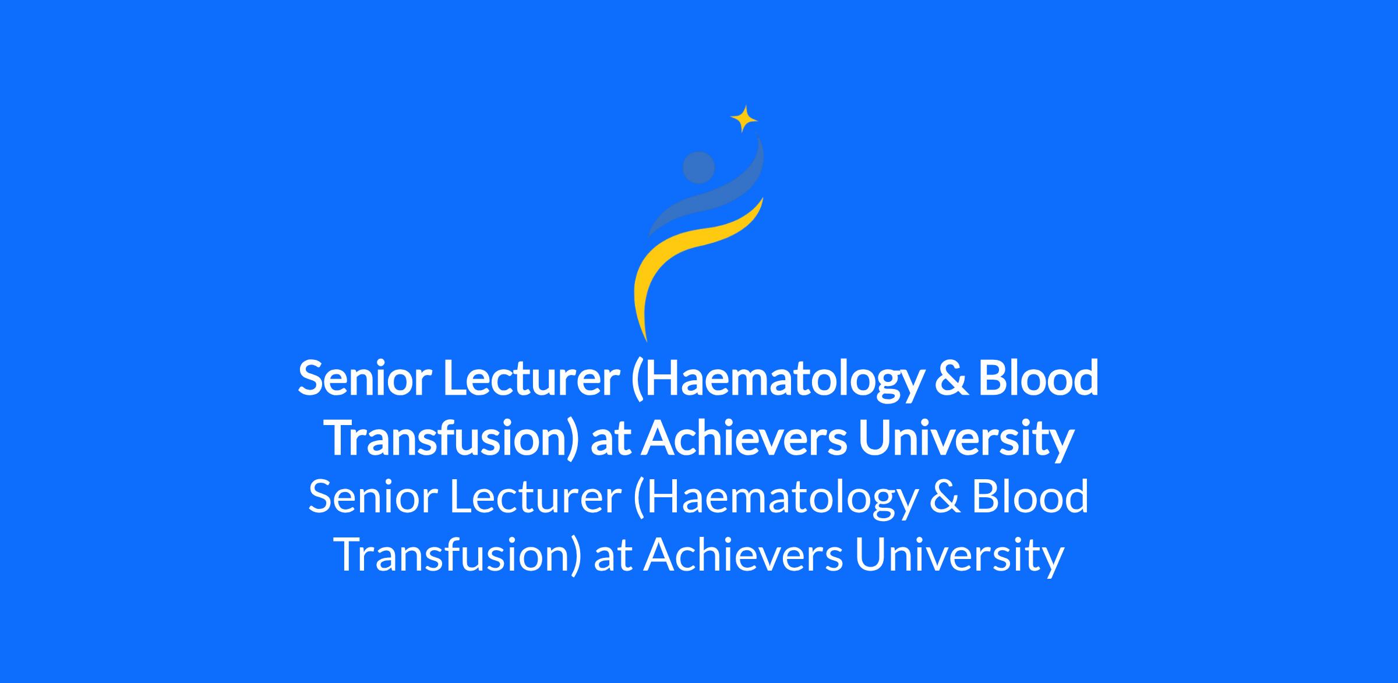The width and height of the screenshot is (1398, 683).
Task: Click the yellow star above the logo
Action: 744,119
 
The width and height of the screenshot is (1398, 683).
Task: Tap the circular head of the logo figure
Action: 698,167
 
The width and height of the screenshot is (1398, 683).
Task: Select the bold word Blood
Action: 1038,378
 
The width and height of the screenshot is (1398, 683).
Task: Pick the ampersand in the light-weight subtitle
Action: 944,497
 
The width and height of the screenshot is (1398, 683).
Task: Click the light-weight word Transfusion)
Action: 459,556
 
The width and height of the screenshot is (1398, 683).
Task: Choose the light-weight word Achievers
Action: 743,556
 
